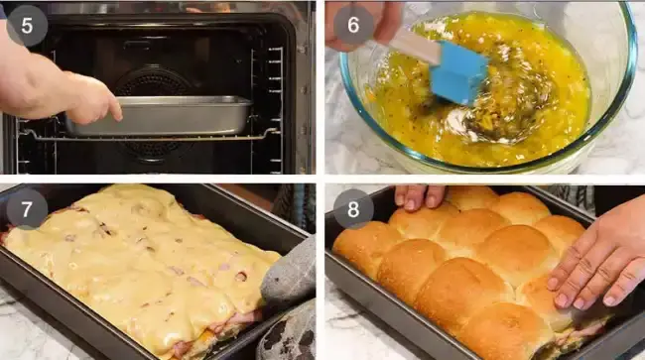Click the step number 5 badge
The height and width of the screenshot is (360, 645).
(27, 26)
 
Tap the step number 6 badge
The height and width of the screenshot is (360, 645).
(353, 25)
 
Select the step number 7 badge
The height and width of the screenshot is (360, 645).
(27, 209)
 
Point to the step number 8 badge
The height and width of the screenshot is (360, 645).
(353, 209)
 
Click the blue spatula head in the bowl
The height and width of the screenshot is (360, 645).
(457, 71)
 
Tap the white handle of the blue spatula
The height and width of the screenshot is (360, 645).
(416, 46)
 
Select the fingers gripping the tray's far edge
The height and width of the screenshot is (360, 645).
(419, 196)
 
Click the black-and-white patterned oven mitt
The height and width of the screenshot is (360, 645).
(288, 333)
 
